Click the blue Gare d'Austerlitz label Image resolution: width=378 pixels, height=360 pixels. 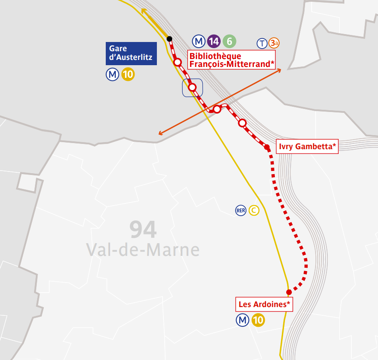131,53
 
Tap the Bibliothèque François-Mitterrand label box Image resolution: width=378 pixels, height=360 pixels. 232,60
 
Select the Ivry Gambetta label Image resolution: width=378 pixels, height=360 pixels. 308,147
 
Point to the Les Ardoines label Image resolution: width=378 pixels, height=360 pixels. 264,304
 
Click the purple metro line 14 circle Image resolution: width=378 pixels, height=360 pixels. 214,42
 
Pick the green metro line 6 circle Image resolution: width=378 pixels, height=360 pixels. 229,42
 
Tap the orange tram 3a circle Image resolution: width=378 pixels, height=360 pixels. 274,43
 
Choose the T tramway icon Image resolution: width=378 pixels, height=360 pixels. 262,43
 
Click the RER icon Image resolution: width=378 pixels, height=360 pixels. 241,210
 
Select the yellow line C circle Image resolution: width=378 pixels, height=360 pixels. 254,210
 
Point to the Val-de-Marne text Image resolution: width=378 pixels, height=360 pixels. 143,250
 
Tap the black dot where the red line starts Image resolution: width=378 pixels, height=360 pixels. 169,39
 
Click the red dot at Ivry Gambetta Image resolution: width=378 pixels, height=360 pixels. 267,147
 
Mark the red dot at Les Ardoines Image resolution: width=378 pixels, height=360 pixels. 289,292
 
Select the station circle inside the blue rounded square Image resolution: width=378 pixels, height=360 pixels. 192,87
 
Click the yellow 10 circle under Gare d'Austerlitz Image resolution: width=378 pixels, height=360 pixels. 128,75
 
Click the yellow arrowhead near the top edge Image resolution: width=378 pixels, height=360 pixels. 144,11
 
